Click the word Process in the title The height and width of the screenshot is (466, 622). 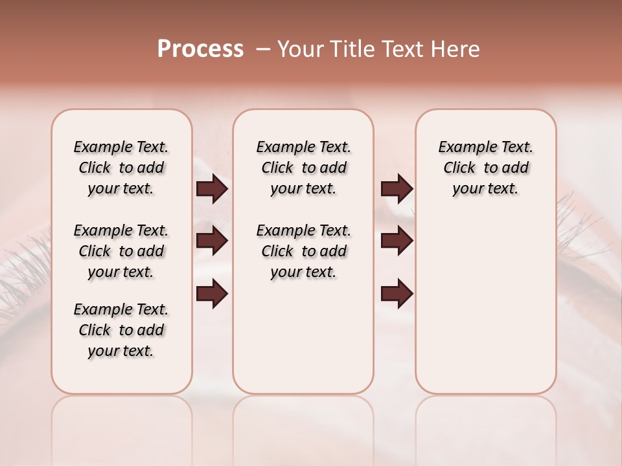coord(200,49)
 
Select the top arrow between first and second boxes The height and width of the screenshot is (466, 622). coord(212,189)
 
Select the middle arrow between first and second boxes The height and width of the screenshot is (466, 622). coord(212,241)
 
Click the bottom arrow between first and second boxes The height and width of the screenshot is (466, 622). coord(212,294)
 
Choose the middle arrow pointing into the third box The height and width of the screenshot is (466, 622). coord(397,241)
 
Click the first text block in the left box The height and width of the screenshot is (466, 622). coord(121,168)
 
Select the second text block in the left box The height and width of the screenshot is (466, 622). coord(121,251)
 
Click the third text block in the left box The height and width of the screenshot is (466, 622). coord(121,330)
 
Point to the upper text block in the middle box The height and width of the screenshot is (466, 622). coord(303,168)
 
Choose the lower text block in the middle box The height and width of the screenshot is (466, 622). coord(303,251)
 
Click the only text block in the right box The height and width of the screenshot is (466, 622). coord(485,168)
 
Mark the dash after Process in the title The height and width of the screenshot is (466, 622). coord(262,49)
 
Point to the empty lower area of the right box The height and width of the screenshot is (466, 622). coord(485,304)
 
